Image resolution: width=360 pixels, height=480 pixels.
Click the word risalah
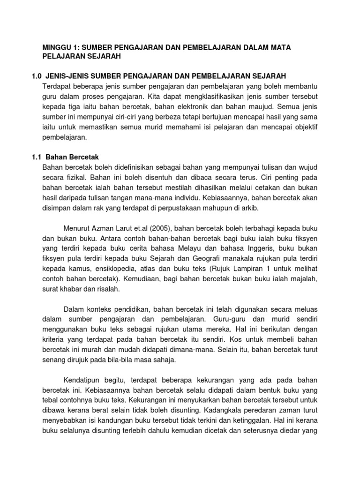[107, 290]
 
